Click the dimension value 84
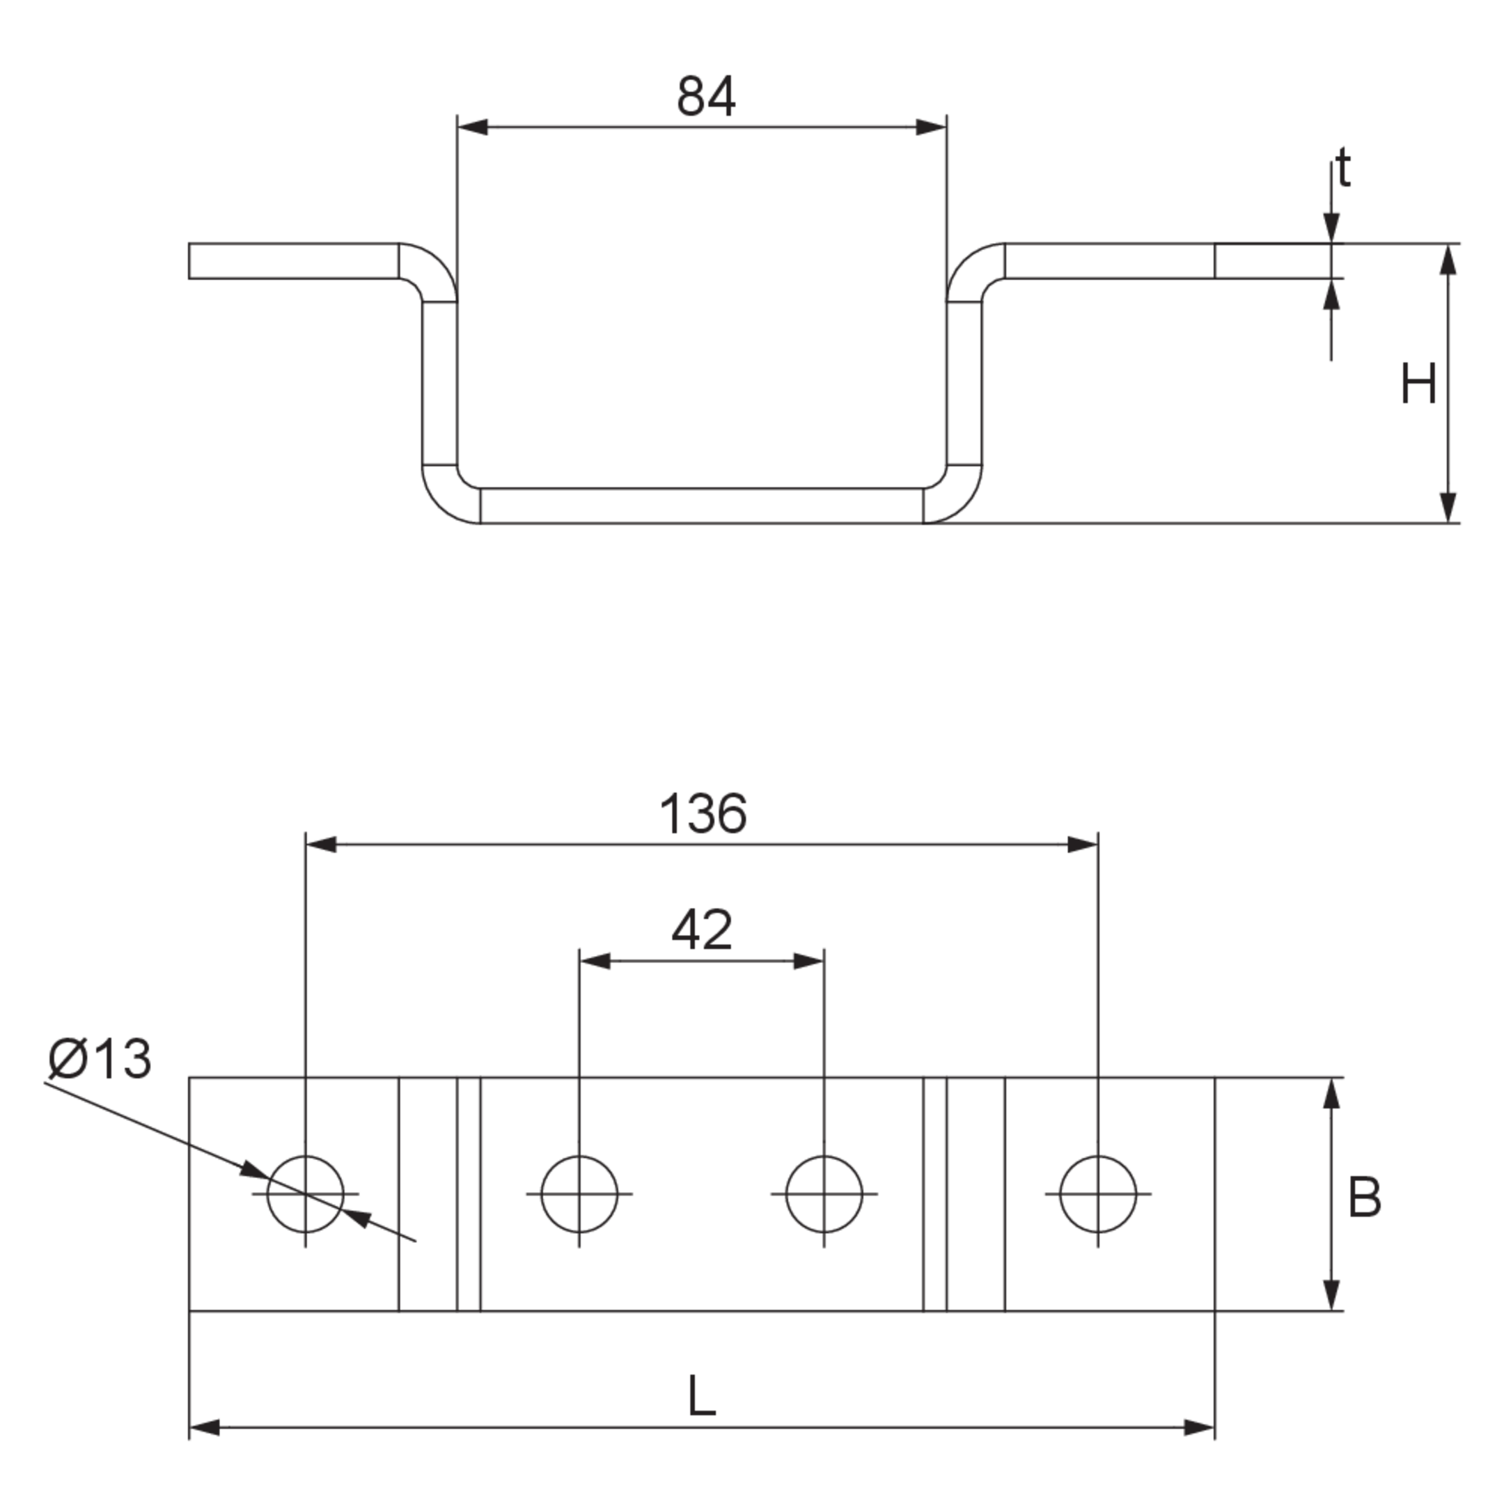pyautogui.click(x=706, y=97)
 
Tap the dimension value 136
pyautogui.click(x=703, y=814)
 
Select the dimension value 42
pyautogui.click(x=701, y=930)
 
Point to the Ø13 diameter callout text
pyautogui.click(x=99, y=1060)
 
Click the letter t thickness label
pyautogui.click(x=1343, y=169)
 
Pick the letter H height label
pyautogui.click(x=1418, y=384)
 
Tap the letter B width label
pyautogui.click(x=1365, y=1198)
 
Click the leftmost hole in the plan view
pyautogui.click(x=305, y=1194)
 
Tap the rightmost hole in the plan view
pyautogui.click(x=1097, y=1194)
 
